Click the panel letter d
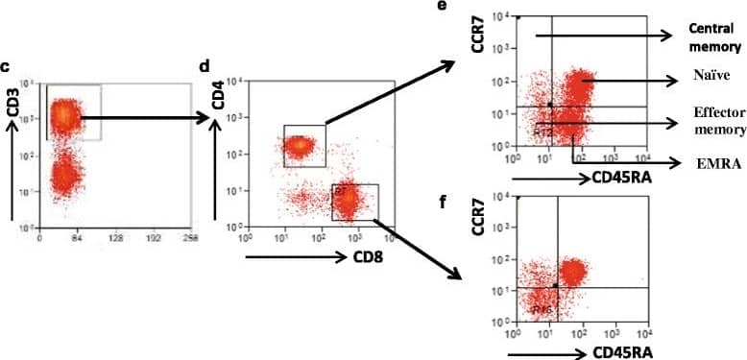pyautogui.click(x=205, y=66)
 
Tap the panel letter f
pyautogui.click(x=468, y=203)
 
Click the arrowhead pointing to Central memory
pyautogui.click(x=663, y=36)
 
